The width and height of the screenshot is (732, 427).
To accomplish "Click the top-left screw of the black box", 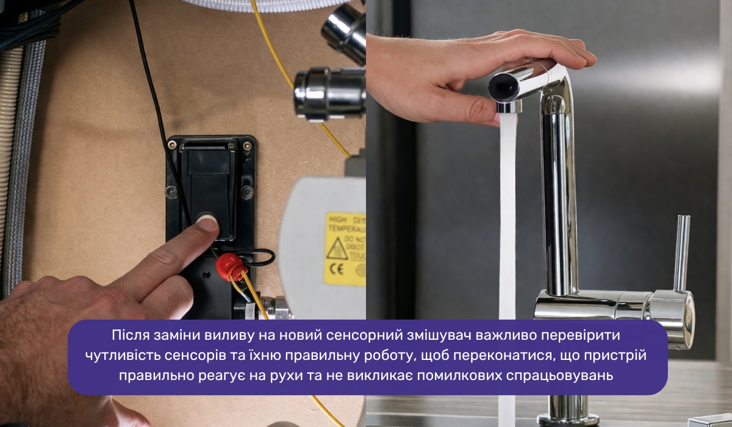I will pyautogui.click(x=173, y=145).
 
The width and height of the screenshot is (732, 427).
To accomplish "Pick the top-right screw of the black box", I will pyautogui.click(x=247, y=146).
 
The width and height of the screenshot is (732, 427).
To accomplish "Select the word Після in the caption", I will pyautogui.click(x=127, y=335).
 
